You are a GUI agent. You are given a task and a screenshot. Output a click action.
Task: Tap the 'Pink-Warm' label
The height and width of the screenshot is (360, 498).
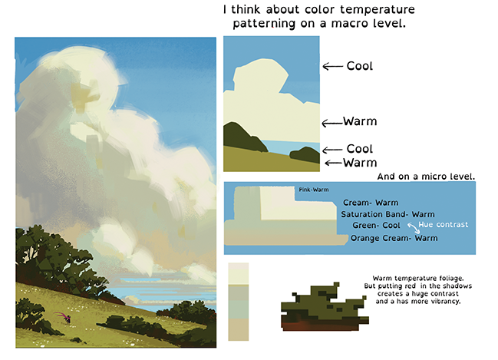(314, 190)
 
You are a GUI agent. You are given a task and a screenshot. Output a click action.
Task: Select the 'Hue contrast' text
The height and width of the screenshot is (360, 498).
(443, 225)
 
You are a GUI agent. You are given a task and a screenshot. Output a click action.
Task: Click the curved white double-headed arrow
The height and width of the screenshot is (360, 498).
(413, 228)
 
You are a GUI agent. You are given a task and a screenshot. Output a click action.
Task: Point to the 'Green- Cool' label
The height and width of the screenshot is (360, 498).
(376, 225)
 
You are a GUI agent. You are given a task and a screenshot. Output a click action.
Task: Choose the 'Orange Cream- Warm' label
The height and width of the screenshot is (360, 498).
(394, 238)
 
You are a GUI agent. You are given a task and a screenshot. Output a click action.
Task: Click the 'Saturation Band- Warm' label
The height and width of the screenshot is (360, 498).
(388, 214)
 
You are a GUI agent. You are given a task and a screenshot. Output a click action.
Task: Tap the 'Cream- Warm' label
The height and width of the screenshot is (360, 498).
(371, 203)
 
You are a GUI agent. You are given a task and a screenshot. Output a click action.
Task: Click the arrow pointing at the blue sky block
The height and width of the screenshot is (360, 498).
(332, 67)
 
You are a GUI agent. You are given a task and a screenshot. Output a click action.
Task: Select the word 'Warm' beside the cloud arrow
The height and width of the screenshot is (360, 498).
(360, 121)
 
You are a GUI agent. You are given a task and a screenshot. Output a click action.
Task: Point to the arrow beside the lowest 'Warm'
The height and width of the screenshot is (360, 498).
(334, 163)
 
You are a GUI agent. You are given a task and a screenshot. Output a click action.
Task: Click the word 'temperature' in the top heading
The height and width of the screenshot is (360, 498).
(378, 10)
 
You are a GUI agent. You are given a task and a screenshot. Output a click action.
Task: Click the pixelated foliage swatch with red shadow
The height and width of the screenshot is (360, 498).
(325, 307)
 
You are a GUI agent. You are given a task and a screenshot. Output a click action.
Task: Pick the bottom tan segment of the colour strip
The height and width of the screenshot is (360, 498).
(238, 330)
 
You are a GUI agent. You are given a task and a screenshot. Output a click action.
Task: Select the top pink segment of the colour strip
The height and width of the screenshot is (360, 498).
(238, 266)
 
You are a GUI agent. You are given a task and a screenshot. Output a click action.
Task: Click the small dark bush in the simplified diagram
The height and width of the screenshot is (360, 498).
(305, 155)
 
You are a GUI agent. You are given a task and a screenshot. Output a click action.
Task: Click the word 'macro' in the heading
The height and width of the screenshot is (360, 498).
(348, 24)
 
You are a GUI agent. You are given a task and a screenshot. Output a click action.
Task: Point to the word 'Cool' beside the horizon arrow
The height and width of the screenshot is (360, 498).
(360, 149)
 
